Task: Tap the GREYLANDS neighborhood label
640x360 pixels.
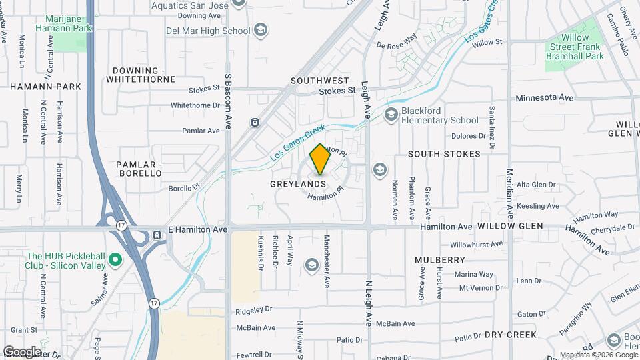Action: point(298,183)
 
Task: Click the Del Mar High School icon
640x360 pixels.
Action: point(261,31)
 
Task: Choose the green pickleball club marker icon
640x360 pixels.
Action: point(115,259)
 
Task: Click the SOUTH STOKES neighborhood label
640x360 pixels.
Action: point(444,154)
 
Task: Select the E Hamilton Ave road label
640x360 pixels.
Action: point(197,229)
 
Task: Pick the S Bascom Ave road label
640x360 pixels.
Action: point(227,101)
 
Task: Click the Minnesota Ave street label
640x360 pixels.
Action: point(545,97)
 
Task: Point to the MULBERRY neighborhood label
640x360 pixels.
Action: point(439,259)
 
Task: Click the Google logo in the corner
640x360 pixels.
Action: point(22,352)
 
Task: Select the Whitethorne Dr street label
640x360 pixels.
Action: point(195,105)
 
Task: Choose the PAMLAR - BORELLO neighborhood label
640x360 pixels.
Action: point(139,169)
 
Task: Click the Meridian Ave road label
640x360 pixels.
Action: point(510,193)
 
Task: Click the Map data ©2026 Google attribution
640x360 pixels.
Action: point(597,355)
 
